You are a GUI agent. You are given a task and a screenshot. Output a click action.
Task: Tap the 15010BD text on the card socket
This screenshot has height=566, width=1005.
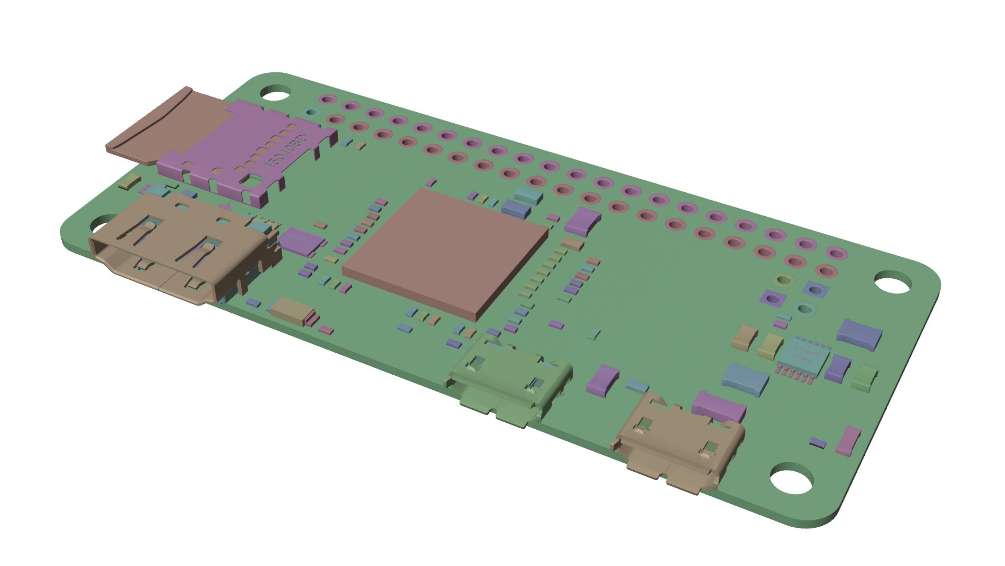[287, 151]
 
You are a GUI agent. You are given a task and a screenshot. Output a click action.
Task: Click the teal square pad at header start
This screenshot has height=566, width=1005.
[312, 112]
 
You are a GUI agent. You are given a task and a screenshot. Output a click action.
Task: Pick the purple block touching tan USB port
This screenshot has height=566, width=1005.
[718, 406]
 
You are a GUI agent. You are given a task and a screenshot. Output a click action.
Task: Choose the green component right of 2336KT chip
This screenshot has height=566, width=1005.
[865, 377]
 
